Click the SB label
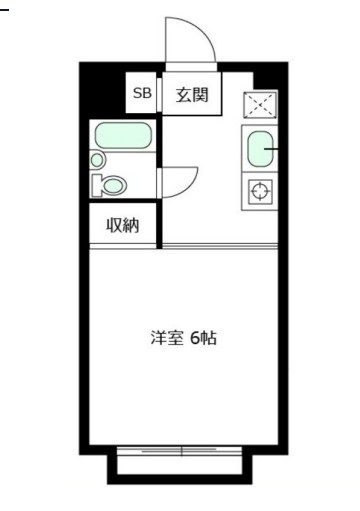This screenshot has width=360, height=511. click(x=141, y=96)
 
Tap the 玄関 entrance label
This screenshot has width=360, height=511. click(x=191, y=96)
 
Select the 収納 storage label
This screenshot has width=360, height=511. click(x=123, y=225)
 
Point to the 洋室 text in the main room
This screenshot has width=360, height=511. click(x=166, y=338)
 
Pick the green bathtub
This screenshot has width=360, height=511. click(x=122, y=136)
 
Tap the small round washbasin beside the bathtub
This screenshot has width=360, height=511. click(x=97, y=159)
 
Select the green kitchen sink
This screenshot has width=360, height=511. click(x=260, y=150)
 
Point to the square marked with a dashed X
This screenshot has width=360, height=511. click(x=260, y=105)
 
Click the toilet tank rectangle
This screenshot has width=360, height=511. click(x=95, y=186)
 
